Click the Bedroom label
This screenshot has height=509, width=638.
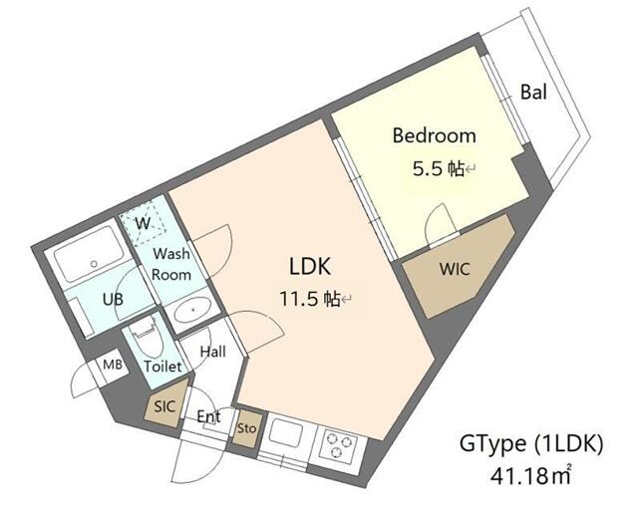pyautogui.click(x=434, y=135)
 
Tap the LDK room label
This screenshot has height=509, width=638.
pyautogui.click(x=308, y=267)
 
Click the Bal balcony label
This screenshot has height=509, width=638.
pyautogui.click(x=533, y=93)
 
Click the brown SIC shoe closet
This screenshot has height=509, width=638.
pyautogui.click(x=164, y=407)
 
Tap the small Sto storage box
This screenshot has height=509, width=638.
pyautogui.click(x=246, y=428)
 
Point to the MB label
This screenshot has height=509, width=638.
pyautogui.click(x=114, y=366)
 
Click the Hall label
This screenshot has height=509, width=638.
pyautogui.click(x=212, y=352)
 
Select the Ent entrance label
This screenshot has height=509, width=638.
pyautogui.click(x=207, y=416)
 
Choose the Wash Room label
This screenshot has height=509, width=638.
pyautogui.click(x=170, y=263)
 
